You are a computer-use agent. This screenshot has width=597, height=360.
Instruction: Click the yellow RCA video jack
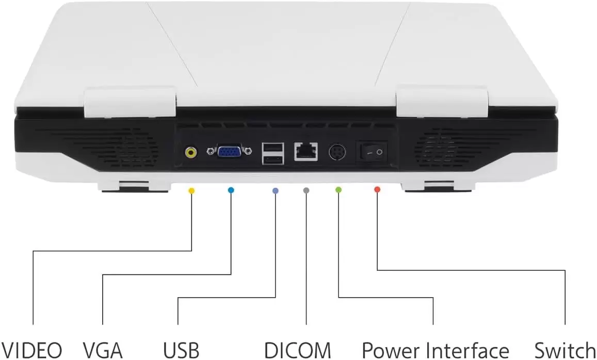pos(191,152)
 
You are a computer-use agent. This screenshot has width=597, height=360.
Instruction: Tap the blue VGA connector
pos(229,152)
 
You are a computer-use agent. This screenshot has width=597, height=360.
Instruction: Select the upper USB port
pos(272,148)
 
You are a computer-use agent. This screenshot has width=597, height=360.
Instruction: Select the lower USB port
pos(272,159)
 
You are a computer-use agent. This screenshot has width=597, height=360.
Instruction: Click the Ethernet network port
pos(306,151)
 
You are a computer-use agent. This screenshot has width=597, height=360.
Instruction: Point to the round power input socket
pos(337,152)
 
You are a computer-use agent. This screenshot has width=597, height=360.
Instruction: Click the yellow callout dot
pos(191,190)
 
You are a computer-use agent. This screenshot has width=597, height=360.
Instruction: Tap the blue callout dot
pos(231,190)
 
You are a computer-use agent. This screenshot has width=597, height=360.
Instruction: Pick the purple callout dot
pos(275,191)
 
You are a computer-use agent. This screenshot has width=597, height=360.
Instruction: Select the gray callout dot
pos(306,190)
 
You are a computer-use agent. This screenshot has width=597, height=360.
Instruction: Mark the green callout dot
pos(338,189)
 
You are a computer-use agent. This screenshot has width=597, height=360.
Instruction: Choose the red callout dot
pos(377,189)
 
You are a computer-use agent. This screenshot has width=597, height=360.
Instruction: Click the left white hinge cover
pos(130,102)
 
